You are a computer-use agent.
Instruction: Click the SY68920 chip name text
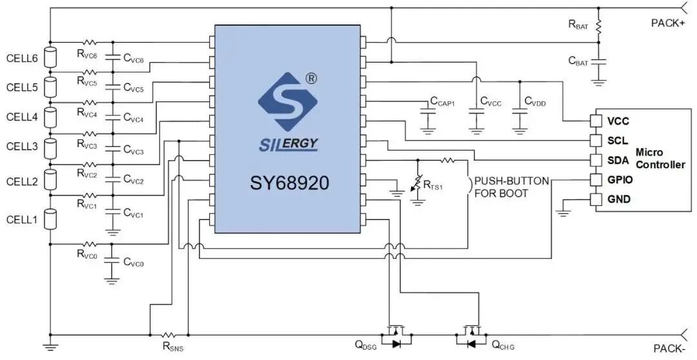point(290,183)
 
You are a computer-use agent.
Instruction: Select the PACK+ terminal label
point(667,23)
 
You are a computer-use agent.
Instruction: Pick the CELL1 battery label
point(22,220)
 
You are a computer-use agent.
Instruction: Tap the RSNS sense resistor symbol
point(168,334)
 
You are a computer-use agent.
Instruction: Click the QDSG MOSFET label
point(365,345)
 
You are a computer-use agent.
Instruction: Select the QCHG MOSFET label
point(503,345)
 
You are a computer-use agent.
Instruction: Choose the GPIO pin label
point(620,179)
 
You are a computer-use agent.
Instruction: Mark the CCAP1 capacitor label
point(443,102)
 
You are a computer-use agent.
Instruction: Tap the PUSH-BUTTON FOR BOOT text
point(510,187)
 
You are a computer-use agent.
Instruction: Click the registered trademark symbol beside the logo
point(311,78)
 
